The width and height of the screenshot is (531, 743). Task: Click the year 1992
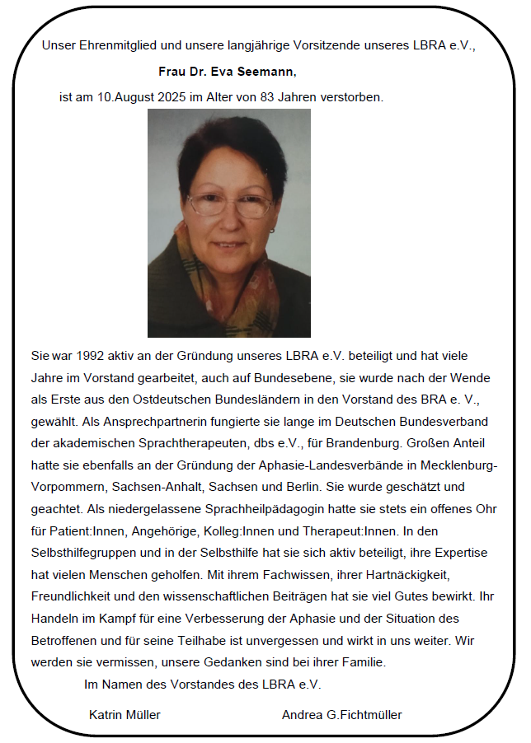(x=88, y=357)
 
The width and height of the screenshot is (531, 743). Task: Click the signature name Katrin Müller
(x=125, y=715)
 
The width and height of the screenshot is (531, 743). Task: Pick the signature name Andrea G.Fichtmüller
(x=341, y=715)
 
